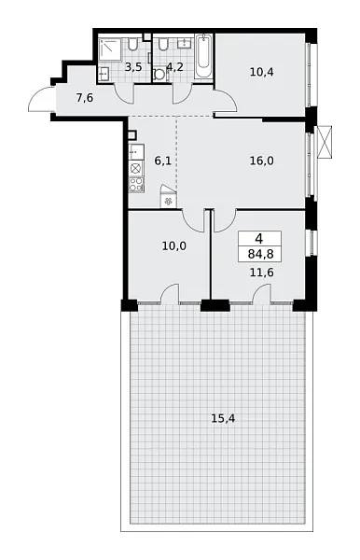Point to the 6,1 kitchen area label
pyautogui.click(x=163, y=161)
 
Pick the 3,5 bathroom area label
pyautogui.click(x=133, y=68)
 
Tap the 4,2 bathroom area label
pyautogui.click(x=174, y=68)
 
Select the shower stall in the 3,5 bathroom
pyautogui.click(x=112, y=49)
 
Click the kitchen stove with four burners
pyautogui.click(x=135, y=169)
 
